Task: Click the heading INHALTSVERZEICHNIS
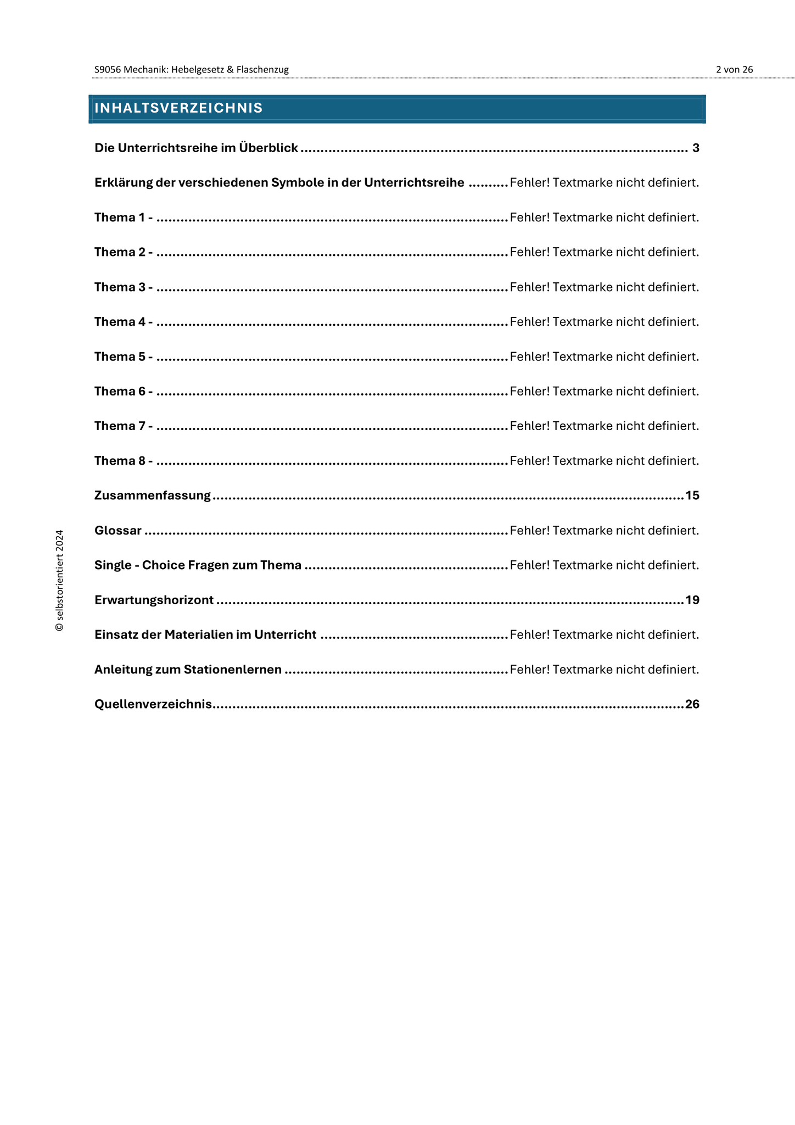click(178, 108)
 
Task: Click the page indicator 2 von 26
click(734, 70)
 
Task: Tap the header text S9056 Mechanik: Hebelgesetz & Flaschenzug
click(191, 70)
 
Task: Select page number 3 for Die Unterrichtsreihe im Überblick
click(696, 148)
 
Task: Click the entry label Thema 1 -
click(123, 218)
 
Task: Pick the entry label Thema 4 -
click(123, 322)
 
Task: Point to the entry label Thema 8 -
click(123, 461)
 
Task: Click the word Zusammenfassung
click(153, 495)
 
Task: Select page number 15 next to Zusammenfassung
click(692, 495)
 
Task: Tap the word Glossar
click(118, 531)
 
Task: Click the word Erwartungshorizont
click(154, 600)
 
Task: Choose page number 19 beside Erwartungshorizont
click(692, 600)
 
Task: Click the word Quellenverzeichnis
click(153, 704)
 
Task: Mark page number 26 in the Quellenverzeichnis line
click(692, 704)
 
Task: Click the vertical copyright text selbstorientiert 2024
click(59, 580)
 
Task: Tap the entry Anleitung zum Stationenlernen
click(188, 670)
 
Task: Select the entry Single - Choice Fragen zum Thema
click(198, 565)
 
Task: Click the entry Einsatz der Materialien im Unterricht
click(205, 635)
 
